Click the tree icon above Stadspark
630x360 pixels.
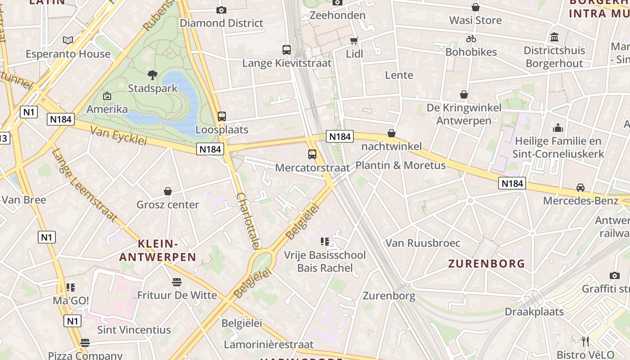pos(153,75)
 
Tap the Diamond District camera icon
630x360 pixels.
pos(221,10)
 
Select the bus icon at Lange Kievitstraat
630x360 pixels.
pos(287,49)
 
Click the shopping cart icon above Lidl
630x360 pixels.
pos(354,41)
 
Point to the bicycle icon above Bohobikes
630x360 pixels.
pos(471,39)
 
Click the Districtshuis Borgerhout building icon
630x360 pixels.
pos(554,37)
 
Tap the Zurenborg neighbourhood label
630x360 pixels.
pos(486,264)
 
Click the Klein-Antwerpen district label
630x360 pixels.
pos(157,251)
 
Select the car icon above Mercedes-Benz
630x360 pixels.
pos(580,188)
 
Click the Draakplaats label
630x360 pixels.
pos(534,311)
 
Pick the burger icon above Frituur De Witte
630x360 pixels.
pos(177,282)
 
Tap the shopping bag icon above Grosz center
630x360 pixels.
pos(168,191)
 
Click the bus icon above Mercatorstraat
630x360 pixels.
pos(312,154)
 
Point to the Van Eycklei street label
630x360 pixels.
pos(119,135)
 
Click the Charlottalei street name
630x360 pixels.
pos(248,220)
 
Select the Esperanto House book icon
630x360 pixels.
pos(68,40)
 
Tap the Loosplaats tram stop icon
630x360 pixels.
pos(222,117)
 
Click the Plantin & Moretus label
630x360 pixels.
pos(400,165)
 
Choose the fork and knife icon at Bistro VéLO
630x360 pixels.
pos(585,341)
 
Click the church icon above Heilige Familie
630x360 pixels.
pos(558,128)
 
